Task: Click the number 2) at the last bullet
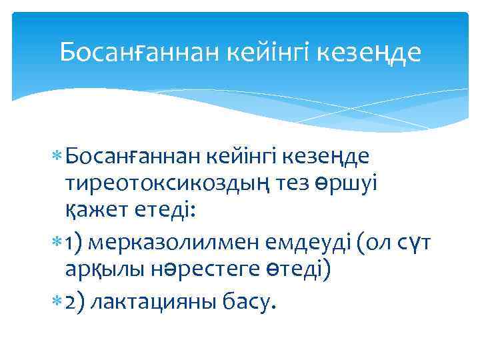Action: tap(73, 301)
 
